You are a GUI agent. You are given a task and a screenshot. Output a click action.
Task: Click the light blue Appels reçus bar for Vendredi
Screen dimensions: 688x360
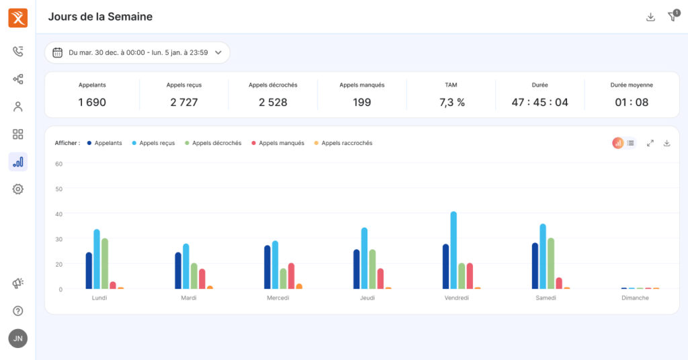[454, 250]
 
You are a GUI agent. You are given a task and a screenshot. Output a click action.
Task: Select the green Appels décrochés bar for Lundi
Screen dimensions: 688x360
[104, 263]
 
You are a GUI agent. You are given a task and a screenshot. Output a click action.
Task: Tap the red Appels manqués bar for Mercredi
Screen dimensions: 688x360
[291, 276]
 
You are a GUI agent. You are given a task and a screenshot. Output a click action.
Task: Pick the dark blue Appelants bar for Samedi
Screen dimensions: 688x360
[535, 266]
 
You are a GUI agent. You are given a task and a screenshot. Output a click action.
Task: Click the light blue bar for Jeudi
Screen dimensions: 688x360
[364, 259]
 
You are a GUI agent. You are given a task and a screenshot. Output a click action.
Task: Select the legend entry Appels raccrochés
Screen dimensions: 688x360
[343, 143]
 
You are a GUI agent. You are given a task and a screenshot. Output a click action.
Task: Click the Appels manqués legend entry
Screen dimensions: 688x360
[277, 143]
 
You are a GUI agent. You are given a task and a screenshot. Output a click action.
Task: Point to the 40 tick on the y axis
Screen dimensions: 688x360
[59, 214]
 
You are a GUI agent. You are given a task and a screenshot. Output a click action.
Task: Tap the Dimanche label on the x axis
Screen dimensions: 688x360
[635, 298]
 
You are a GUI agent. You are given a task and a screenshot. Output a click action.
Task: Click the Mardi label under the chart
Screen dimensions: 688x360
[189, 298]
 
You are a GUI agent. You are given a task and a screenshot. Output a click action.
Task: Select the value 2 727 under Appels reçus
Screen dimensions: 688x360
[184, 102]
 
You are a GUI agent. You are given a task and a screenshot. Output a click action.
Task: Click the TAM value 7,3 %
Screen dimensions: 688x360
[452, 102]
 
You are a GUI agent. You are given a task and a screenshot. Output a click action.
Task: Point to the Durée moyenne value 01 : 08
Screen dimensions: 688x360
[632, 102]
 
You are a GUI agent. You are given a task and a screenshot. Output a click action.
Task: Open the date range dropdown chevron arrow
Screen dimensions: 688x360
[218, 52]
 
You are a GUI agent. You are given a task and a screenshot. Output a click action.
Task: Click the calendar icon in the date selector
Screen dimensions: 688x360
[58, 52]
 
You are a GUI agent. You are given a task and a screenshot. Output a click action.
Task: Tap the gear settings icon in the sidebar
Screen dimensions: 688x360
[18, 189]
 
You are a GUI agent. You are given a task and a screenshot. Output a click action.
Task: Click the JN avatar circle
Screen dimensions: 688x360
[18, 339]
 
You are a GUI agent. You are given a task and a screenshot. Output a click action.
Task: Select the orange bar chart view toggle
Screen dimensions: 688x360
[618, 143]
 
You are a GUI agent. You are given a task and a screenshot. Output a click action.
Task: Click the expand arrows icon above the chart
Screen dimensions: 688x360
[650, 143]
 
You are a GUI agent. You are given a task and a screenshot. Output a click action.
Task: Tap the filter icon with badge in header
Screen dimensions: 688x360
[673, 16]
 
